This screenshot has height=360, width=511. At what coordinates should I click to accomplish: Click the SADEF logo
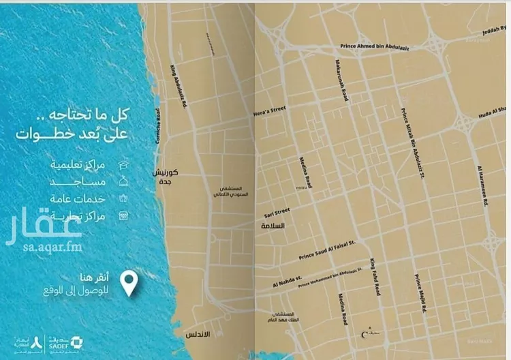point(57,343)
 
